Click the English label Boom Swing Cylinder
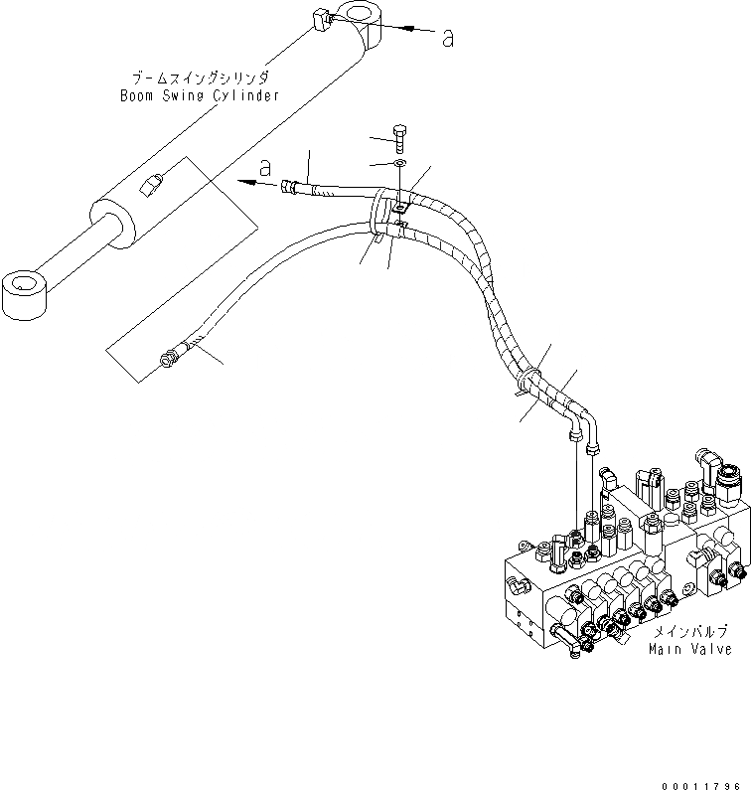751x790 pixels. coord(199,96)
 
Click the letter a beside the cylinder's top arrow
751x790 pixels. coord(448,39)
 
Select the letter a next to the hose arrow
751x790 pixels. coord(264,165)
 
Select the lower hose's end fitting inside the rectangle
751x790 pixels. coord(171,355)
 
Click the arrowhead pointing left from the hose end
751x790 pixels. coord(241,181)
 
